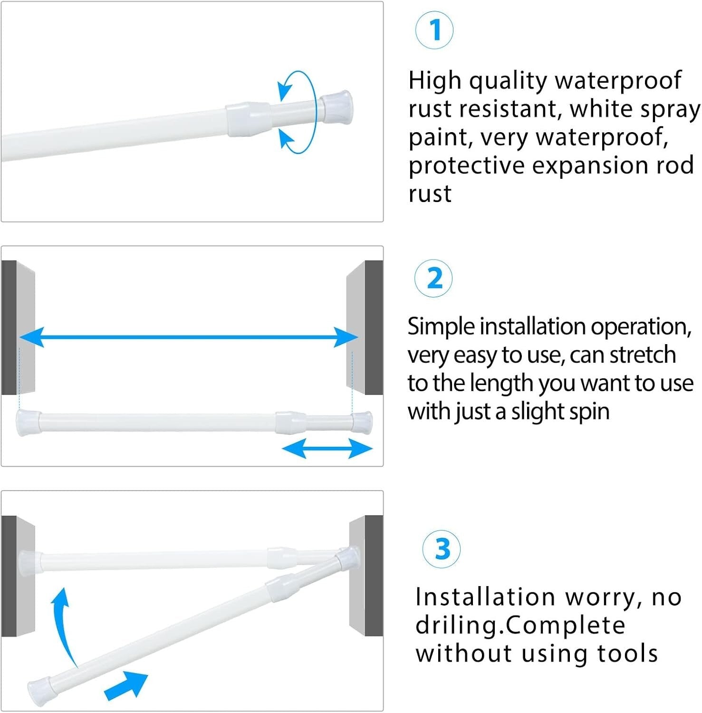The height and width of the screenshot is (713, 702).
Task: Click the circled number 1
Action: [x=434, y=30]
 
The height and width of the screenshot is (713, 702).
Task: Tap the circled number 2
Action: [x=433, y=279]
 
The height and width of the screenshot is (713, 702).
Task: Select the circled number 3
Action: [x=442, y=549]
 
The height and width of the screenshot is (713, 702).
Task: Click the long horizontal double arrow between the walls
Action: [x=188, y=337]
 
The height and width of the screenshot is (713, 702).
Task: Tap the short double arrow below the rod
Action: [x=327, y=448]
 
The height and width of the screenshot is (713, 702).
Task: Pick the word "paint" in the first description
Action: [x=440, y=138]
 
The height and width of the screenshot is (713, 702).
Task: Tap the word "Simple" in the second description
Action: [x=441, y=327]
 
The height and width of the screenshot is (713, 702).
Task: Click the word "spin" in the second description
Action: [x=587, y=412]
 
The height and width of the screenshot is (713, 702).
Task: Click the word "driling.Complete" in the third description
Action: [x=520, y=626]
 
